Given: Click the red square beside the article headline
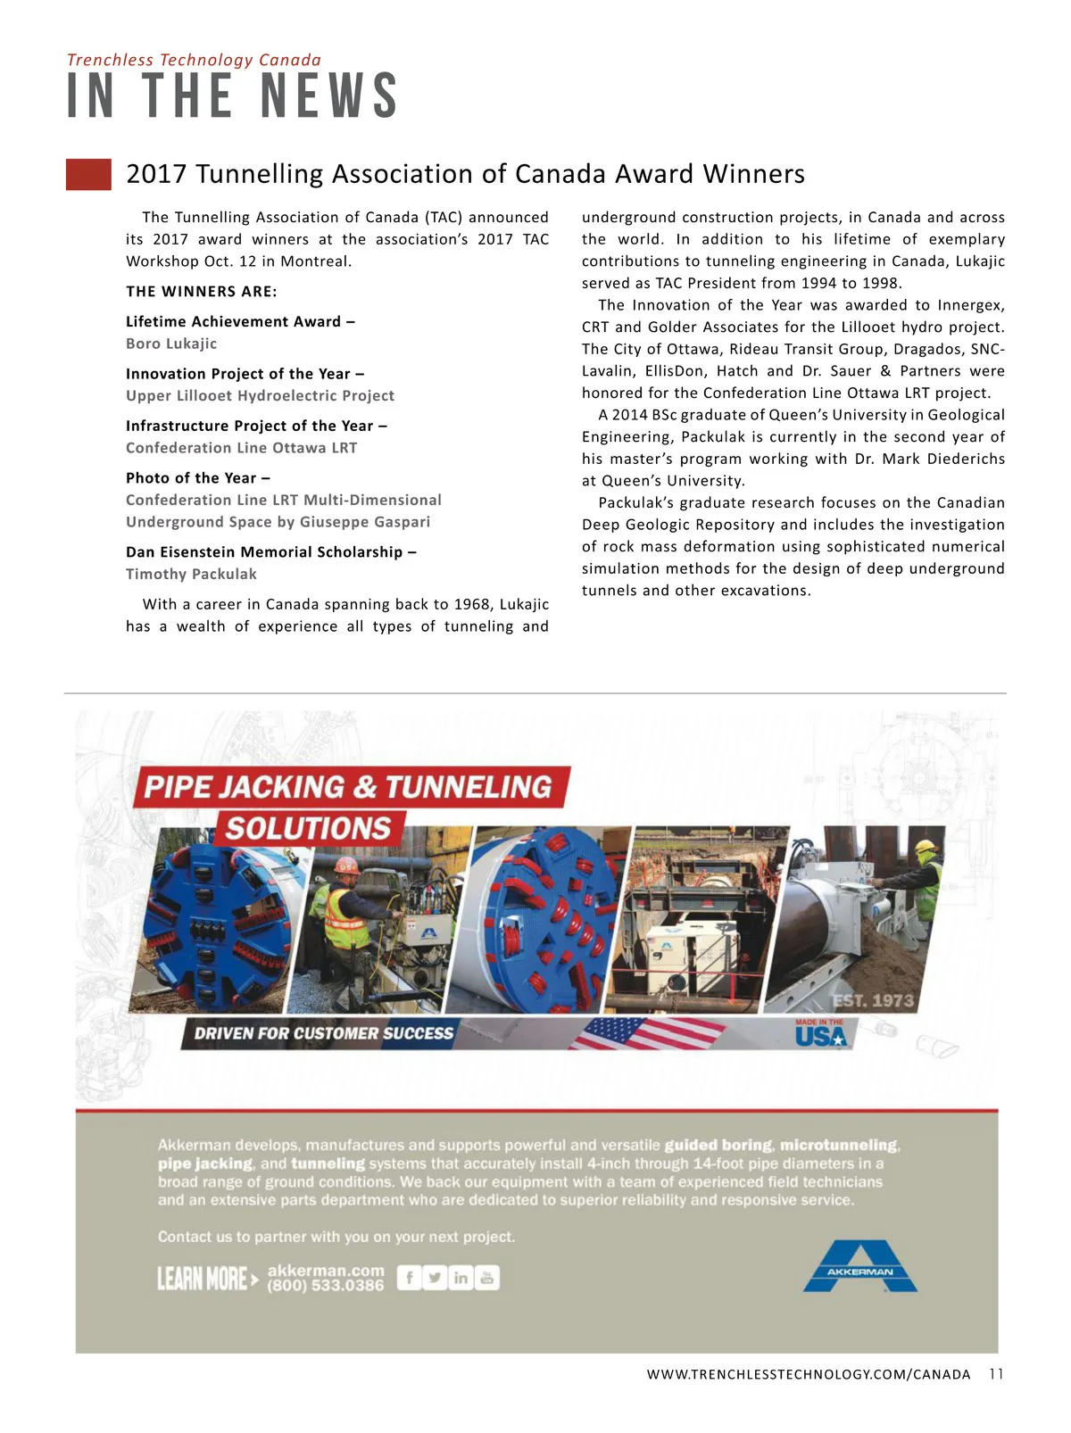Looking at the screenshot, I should pyautogui.click(x=88, y=174).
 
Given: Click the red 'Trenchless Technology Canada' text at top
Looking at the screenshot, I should pyautogui.click(x=194, y=60).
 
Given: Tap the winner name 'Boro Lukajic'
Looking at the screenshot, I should pyautogui.click(x=171, y=344).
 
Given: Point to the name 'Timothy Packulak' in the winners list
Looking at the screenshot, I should pyautogui.click(x=191, y=574).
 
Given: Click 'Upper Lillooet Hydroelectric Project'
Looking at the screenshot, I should pyautogui.click(x=260, y=395).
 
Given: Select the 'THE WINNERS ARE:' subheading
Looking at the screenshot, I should pyautogui.click(x=202, y=292).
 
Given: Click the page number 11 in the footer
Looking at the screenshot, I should pyautogui.click(x=996, y=1374).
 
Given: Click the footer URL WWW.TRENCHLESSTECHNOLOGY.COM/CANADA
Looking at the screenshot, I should pyautogui.click(x=809, y=1374).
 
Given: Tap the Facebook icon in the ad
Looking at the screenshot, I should pyautogui.click(x=409, y=1278).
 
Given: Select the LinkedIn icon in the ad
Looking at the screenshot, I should pyautogui.click(x=461, y=1278).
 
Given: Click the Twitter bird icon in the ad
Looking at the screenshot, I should pyautogui.click(x=435, y=1278).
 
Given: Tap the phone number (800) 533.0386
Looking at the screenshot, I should pyautogui.click(x=326, y=1286).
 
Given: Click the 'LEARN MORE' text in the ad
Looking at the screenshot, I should pyautogui.click(x=203, y=1279).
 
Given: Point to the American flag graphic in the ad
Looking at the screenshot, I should pyautogui.click(x=649, y=1033).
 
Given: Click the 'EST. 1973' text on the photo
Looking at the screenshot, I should pyautogui.click(x=873, y=1000).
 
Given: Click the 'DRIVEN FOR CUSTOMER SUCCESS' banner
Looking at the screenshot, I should pyautogui.click(x=324, y=1033).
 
